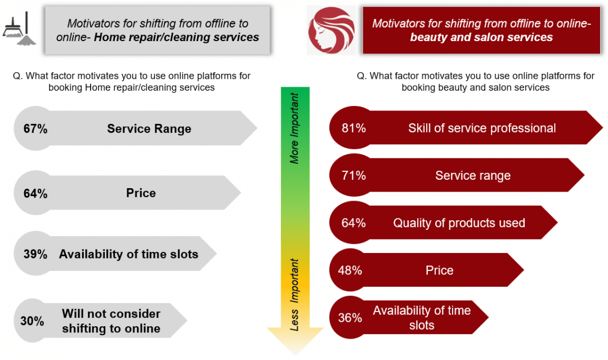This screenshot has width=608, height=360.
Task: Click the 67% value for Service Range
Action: point(35,129)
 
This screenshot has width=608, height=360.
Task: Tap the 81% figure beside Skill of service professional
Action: point(354,128)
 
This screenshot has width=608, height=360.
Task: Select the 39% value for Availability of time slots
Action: point(35,254)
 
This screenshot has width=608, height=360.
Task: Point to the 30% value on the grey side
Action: point(32,321)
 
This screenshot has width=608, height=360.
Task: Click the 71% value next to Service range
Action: point(354,176)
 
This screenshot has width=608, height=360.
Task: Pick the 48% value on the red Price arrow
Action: point(350,270)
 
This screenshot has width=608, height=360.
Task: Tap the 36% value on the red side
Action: point(350,318)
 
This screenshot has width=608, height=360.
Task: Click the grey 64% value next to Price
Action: point(35,193)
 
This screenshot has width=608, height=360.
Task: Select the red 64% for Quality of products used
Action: point(354,223)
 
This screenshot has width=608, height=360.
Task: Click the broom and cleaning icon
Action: point(19,29)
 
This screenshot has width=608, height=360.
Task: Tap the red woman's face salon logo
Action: point(331,30)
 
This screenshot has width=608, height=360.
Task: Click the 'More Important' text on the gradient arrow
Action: point(294,128)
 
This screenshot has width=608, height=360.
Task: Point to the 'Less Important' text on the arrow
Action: point(294,295)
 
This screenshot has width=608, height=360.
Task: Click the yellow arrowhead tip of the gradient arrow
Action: point(295,354)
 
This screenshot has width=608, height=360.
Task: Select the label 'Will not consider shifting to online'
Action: point(111,321)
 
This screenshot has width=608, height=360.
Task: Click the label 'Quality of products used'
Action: point(459,223)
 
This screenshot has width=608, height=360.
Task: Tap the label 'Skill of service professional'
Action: point(482,128)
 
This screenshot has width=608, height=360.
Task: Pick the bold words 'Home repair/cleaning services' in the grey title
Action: point(176,37)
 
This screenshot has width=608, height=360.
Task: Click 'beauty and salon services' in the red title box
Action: point(481,37)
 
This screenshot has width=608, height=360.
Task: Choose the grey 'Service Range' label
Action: point(149,129)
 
